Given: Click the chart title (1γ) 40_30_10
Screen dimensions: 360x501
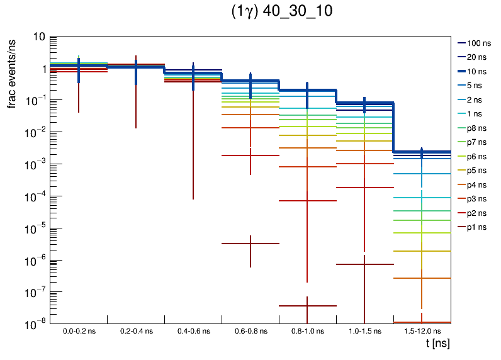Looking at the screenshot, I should click(282, 13).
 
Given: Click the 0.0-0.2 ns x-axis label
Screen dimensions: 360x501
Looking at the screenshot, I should click(79, 331).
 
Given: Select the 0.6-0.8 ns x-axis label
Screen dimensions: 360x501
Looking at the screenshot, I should click(250, 331).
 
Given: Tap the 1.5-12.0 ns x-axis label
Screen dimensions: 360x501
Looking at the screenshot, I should click(422, 331).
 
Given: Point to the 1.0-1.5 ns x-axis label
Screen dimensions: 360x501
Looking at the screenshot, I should click(365, 331).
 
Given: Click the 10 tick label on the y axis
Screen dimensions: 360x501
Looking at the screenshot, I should click(38, 37).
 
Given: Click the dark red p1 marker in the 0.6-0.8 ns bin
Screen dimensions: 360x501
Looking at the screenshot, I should click(250, 244).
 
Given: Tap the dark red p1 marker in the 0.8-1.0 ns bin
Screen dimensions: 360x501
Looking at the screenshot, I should click(307, 306).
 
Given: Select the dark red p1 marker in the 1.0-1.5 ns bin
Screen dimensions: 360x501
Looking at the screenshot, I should click(365, 264).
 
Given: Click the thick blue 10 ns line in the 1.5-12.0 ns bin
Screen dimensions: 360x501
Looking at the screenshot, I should click(422, 152).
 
